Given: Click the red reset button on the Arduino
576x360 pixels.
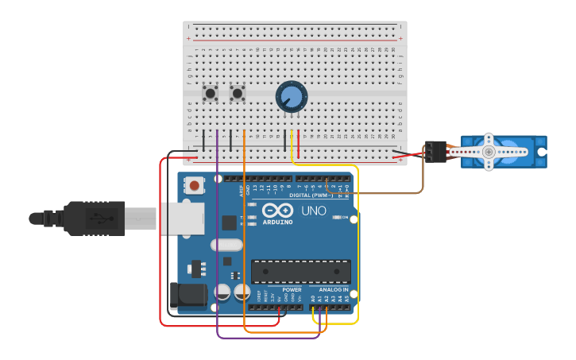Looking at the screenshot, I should tap(194, 186).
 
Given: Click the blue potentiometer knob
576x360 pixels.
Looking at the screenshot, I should tap(292, 97).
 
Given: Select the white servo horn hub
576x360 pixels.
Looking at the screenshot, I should tap(489, 151).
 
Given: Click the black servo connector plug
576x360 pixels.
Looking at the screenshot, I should tap(435, 151).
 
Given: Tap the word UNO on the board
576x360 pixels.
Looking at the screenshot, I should tap(313, 211).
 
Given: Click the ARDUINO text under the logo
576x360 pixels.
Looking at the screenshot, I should tap(276, 222).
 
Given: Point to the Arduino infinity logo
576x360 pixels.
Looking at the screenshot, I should tap(277, 211).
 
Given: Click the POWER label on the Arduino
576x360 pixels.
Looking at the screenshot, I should tap(292, 289).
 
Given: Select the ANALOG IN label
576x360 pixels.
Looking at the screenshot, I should tap(334, 289).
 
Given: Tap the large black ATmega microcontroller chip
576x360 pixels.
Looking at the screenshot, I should tap(300, 271).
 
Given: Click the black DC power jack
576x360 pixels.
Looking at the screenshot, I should tap(187, 296).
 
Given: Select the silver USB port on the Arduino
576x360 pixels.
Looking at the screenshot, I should tap(182, 218).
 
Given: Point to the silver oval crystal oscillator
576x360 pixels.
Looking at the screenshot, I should tap(226, 245).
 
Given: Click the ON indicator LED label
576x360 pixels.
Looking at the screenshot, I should tap(345, 217).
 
